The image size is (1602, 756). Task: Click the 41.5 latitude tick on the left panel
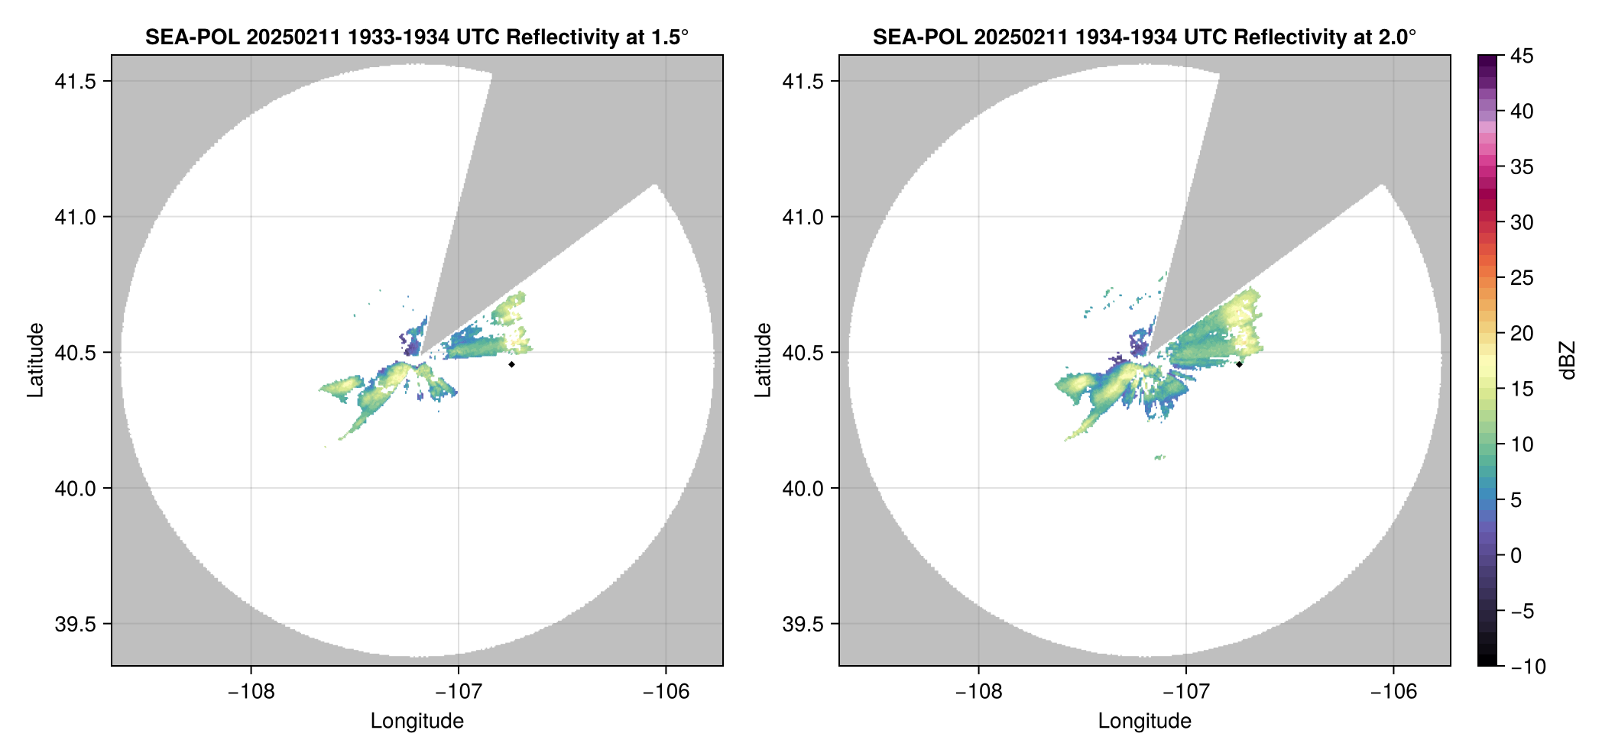[x=74, y=82]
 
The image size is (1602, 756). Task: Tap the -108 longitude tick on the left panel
[x=251, y=691]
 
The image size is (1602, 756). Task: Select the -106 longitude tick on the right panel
[x=1393, y=691]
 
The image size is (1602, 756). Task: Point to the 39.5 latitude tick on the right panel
[x=802, y=624]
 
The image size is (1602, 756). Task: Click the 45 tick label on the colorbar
[x=1522, y=56]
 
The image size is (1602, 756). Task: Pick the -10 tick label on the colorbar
[x=1528, y=667]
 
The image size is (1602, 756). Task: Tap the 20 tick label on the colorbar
[x=1522, y=334]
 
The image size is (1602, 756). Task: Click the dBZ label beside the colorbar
[x=1568, y=360]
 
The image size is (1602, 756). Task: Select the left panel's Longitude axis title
[x=417, y=721]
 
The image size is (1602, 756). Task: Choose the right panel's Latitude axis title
[x=763, y=360]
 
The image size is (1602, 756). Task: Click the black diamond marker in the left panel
[x=511, y=364]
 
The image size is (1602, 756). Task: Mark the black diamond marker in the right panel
[x=1239, y=364]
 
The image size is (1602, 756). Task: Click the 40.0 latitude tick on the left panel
[x=74, y=489]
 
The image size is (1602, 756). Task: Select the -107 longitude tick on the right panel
[x=1185, y=691]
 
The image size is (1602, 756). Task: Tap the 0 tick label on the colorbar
[x=1516, y=556]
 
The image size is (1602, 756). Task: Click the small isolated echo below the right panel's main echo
[x=1159, y=457]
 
